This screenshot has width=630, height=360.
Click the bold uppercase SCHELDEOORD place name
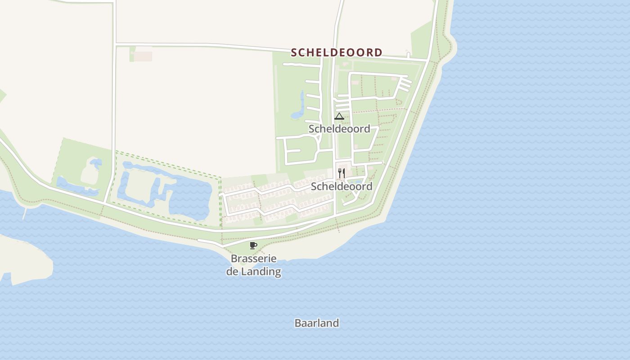[337, 53]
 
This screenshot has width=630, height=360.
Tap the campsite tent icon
[339, 117]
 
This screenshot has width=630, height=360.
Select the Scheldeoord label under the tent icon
[339, 129]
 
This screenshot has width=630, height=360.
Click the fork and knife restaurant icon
[342, 173]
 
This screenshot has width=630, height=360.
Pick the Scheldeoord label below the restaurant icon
[342, 186]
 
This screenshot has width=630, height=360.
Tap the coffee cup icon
[253, 245]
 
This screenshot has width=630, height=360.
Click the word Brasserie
[253, 259]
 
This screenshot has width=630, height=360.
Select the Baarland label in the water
[317, 323]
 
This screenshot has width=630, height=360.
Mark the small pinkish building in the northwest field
[143, 56]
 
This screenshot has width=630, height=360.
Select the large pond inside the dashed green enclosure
[189, 198]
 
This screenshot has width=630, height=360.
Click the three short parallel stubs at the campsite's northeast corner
[405, 84]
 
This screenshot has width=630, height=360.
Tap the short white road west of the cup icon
[209, 243]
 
